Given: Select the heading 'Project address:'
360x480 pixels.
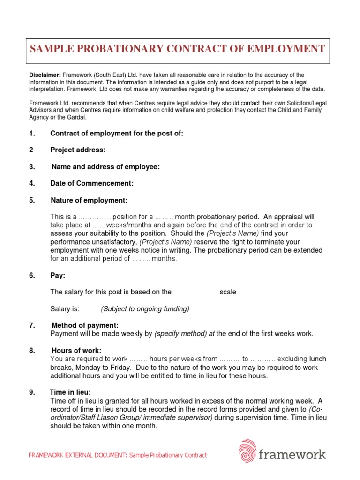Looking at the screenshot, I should click(x=78, y=150).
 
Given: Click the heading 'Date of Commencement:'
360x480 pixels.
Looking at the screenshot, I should click(x=92, y=183).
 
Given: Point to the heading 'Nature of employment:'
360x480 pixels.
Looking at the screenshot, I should click(x=89, y=200).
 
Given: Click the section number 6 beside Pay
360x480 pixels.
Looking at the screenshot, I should click(x=32, y=275).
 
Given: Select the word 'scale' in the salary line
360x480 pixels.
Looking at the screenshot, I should click(x=228, y=292).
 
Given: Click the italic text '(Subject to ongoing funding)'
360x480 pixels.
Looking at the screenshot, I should click(x=145, y=308).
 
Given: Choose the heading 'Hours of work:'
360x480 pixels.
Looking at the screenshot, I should click(x=76, y=351).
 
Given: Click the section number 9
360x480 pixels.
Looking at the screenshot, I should click(x=32, y=392).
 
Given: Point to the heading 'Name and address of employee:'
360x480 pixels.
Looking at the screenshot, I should click(x=105, y=167).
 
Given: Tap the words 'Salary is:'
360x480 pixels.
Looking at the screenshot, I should click(x=65, y=308).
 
